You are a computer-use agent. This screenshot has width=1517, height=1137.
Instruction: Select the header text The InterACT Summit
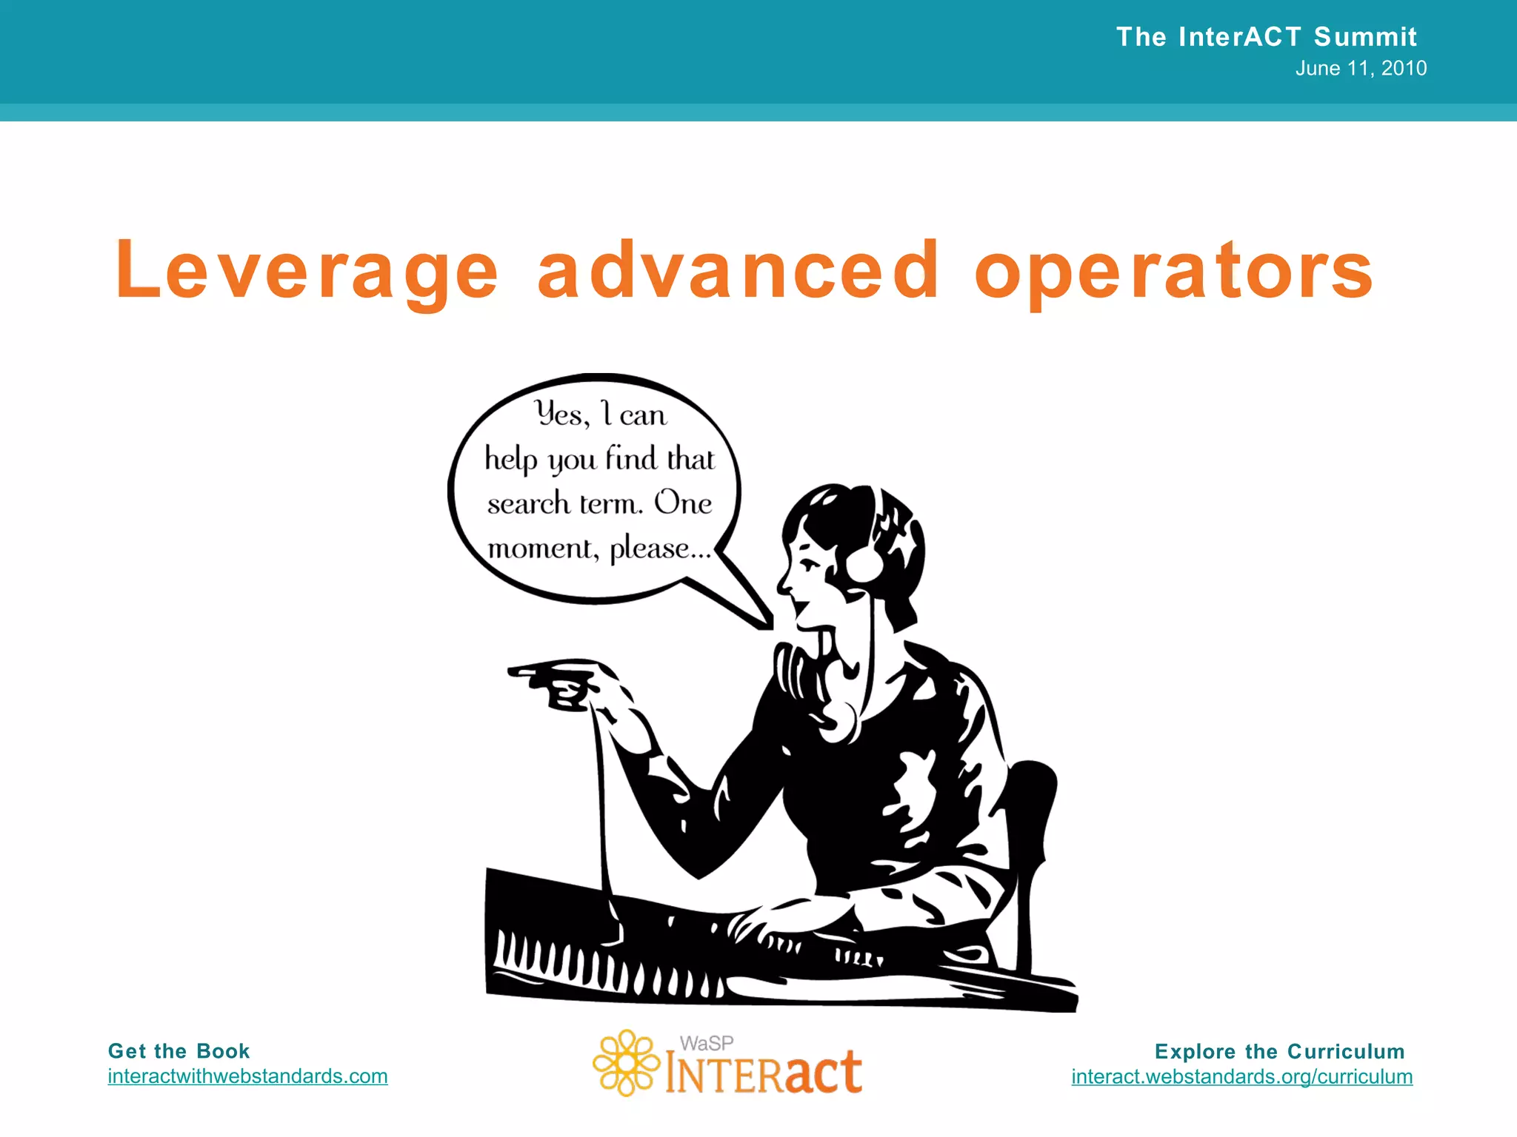tap(1266, 37)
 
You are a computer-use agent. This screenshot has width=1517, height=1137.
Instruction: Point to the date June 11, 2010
tap(1361, 69)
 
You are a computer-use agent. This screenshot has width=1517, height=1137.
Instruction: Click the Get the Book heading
tap(179, 1051)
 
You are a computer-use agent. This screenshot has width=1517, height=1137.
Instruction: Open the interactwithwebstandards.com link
tap(247, 1076)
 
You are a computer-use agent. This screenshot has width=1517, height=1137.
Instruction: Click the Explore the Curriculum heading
tap(1279, 1051)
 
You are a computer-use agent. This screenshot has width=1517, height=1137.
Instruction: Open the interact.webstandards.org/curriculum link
tap(1241, 1076)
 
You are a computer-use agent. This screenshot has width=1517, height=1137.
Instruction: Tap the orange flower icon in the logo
tap(626, 1063)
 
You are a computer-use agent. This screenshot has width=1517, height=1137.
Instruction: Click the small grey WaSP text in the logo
tap(707, 1043)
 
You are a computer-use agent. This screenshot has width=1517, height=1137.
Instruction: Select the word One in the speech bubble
tap(682, 503)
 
